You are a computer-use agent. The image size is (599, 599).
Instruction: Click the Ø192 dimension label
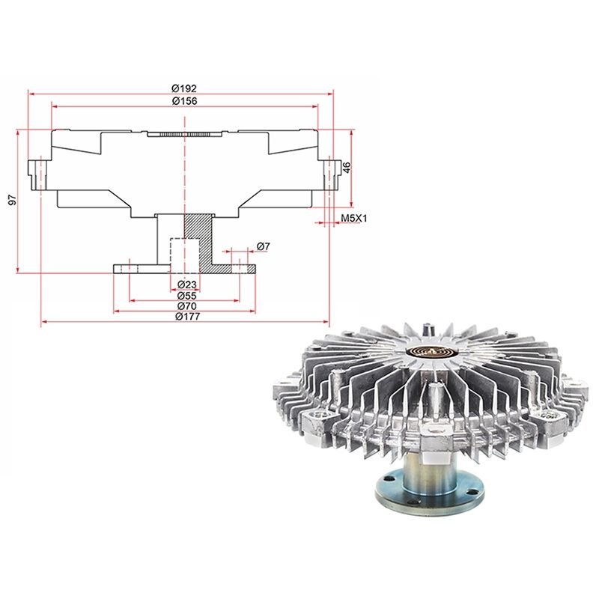click(184, 88)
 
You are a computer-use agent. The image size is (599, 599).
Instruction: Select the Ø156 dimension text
click(184, 101)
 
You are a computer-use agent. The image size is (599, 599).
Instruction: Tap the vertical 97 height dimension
click(13, 200)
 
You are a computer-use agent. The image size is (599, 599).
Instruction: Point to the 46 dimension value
click(347, 167)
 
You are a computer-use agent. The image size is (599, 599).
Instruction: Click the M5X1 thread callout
click(353, 219)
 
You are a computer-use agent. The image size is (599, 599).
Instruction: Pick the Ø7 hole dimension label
click(264, 246)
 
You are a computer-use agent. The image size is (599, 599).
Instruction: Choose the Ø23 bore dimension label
click(187, 285)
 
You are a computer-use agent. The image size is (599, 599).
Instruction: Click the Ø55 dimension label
click(187, 295)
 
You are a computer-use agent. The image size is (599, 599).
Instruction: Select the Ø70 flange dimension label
click(187, 306)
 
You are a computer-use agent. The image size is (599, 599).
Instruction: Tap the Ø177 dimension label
click(188, 317)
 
